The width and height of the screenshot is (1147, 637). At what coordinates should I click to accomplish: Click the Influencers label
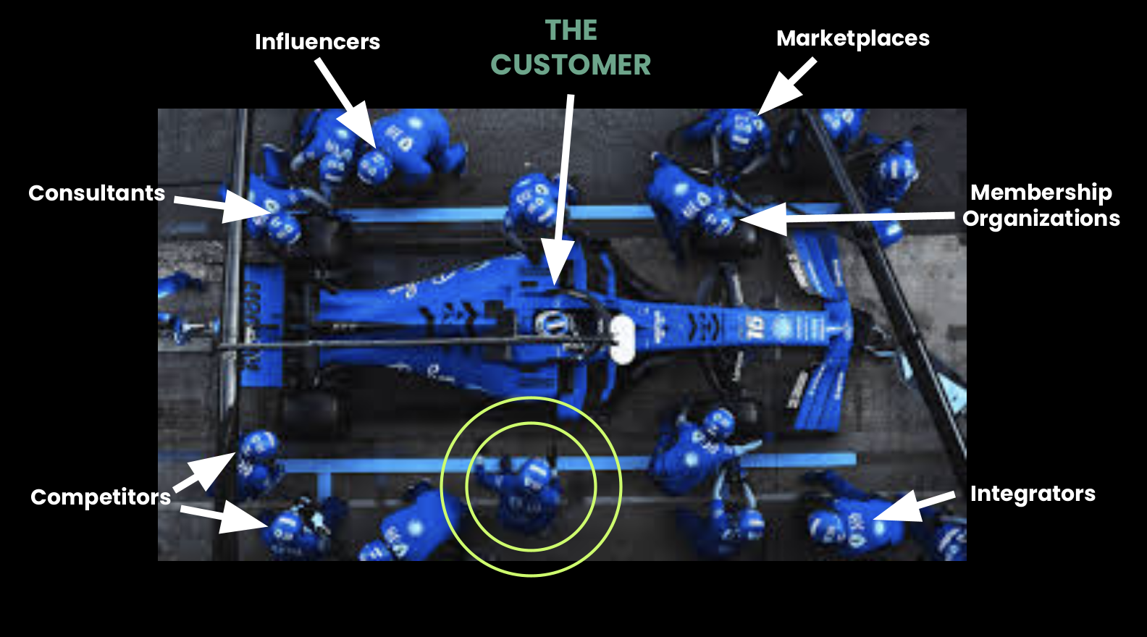coord(317,42)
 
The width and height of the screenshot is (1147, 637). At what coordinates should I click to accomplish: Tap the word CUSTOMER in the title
coord(571,65)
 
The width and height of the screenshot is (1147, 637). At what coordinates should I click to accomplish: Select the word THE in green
coord(571,30)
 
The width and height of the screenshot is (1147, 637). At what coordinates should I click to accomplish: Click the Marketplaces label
coord(853,38)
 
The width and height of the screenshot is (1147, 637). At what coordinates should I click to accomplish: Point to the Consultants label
coord(96,193)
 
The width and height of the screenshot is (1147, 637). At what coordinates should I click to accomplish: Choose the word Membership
coord(1041,193)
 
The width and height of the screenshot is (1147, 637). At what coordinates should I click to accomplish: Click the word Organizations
coord(1041,219)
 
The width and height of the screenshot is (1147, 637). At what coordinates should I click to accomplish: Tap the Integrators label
coord(1032,494)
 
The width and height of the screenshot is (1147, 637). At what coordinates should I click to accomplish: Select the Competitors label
coord(100,497)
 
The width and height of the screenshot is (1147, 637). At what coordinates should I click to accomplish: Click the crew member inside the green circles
coord(529,489)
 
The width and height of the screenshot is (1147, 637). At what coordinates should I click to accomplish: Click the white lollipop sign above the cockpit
coord(621,339)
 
